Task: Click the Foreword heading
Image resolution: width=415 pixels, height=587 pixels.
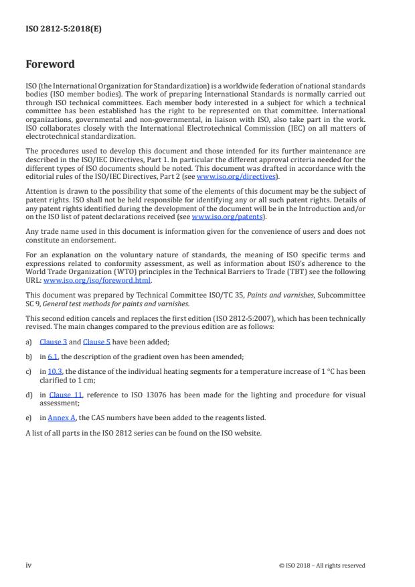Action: pyautogui.click(x=50, y=65)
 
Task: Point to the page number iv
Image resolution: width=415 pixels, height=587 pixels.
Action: pyautogui.click(x=29, y=565)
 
